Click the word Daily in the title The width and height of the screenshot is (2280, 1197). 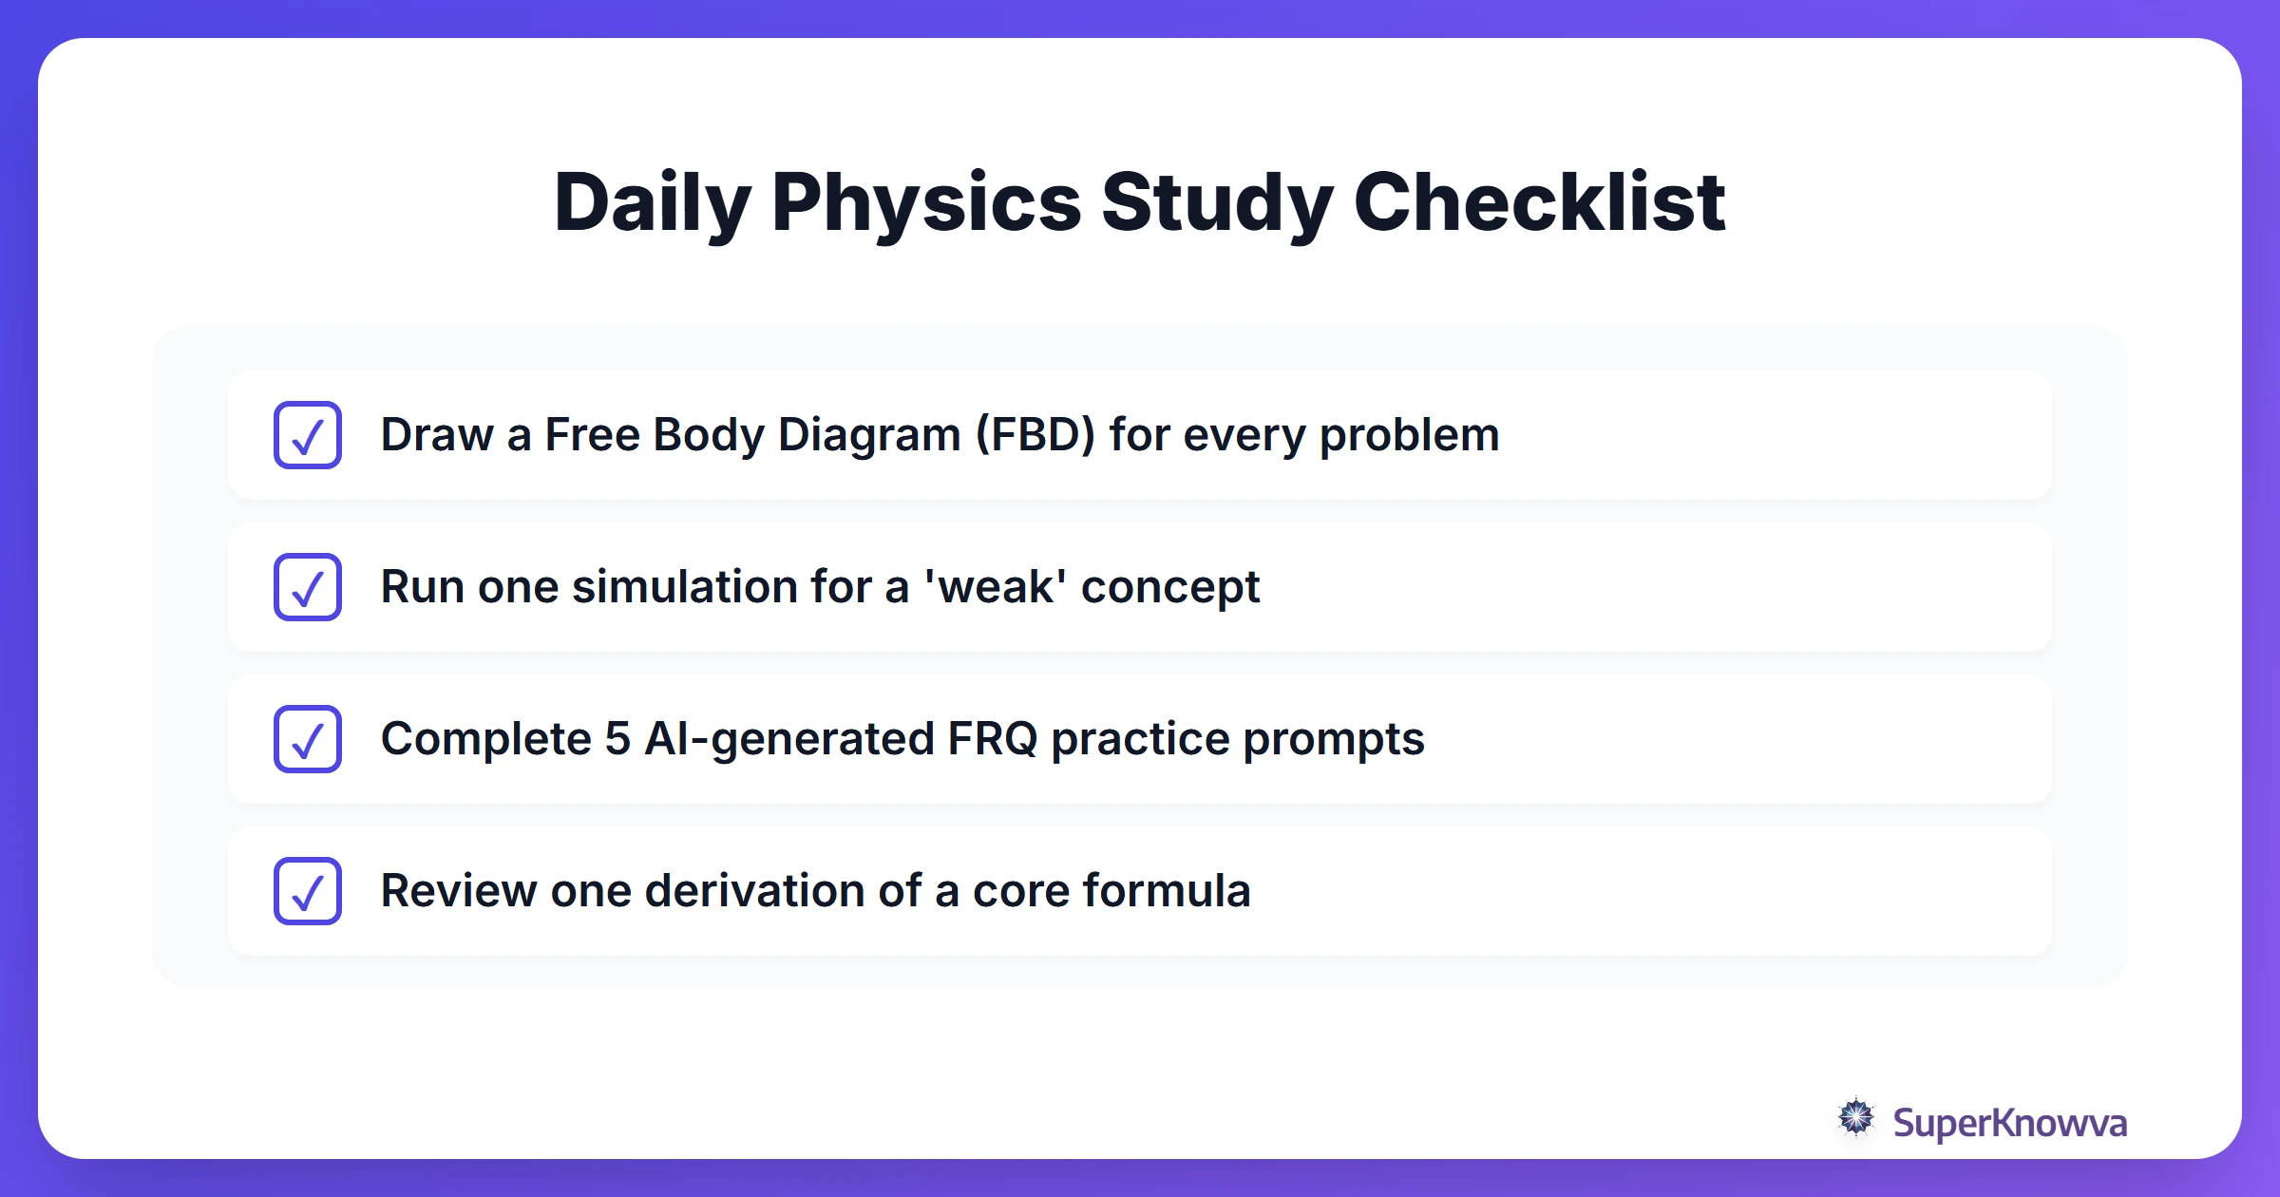[652, 202]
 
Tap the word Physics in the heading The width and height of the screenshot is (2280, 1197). [926, 202]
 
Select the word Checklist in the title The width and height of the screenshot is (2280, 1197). [1539, 202]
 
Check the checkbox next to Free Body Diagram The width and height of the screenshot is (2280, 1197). [308, 435]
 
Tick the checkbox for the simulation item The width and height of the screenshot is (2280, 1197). [308, 587]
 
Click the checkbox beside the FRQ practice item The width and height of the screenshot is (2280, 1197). [308, 739]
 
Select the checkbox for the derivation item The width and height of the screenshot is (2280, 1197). [308, 891]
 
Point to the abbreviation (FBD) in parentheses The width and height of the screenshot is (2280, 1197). [1035, 435]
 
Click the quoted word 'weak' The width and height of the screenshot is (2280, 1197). [995, 587]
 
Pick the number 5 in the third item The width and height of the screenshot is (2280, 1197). [617, 739]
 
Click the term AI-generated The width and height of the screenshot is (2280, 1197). [788, 739]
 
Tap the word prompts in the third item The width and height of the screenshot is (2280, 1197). [1333, 739]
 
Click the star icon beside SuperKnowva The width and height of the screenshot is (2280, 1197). [1855, 1118]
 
